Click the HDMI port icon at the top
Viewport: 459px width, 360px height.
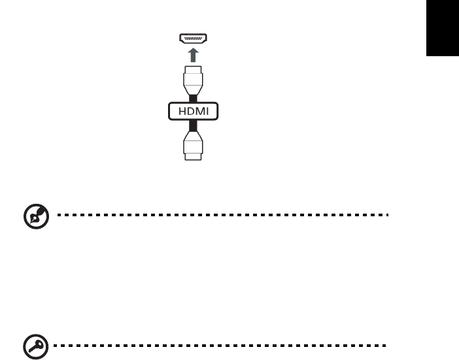click(192, 39)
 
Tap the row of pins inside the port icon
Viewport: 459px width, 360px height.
click(192, 38)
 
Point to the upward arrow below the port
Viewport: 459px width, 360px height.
click(192, 54)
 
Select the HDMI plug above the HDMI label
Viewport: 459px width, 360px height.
click(192, 80)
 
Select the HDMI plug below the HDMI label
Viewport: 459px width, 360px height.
click(192, 143)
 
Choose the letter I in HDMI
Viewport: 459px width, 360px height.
click(206, 112)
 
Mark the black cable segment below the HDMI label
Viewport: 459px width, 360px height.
click(192, 125)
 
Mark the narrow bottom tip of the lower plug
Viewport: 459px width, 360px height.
click(192, 157)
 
